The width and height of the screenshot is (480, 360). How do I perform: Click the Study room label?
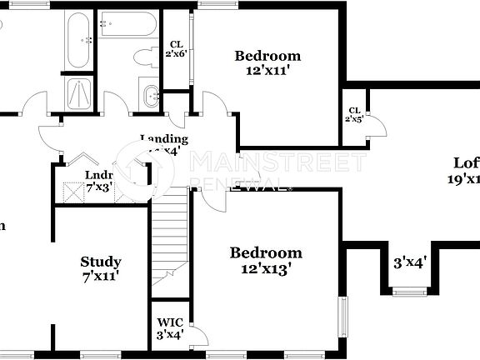point(101,262)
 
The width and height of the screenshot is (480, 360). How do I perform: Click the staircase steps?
point(170,233)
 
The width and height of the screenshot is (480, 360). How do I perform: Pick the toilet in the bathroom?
point(147,57)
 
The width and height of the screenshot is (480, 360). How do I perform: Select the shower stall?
point(79,93)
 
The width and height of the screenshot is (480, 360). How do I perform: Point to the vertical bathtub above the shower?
point(79,40)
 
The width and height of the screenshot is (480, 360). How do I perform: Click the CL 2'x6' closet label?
point(176,49)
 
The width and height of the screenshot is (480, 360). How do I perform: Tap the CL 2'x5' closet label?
point(354,114)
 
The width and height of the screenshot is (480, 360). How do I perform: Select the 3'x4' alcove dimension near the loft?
point(409,262)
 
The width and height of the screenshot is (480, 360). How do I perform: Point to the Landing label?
point(164,139)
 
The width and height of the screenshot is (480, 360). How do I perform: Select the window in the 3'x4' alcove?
point(409,291)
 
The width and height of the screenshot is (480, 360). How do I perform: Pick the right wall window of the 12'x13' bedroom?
point(342,316)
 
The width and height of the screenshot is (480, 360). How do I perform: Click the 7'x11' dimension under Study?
point(101,276)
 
